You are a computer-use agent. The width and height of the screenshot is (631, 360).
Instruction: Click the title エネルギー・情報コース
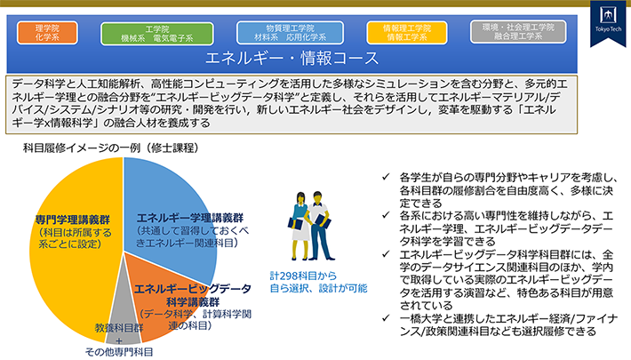click(x=292, y=60)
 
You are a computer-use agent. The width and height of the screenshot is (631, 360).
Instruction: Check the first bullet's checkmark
click(x=383, y=177)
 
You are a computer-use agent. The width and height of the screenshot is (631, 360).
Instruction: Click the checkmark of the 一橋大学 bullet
click(x=383, y=318)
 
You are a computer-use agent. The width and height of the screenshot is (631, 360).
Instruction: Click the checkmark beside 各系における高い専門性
click(x=383, y=216)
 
